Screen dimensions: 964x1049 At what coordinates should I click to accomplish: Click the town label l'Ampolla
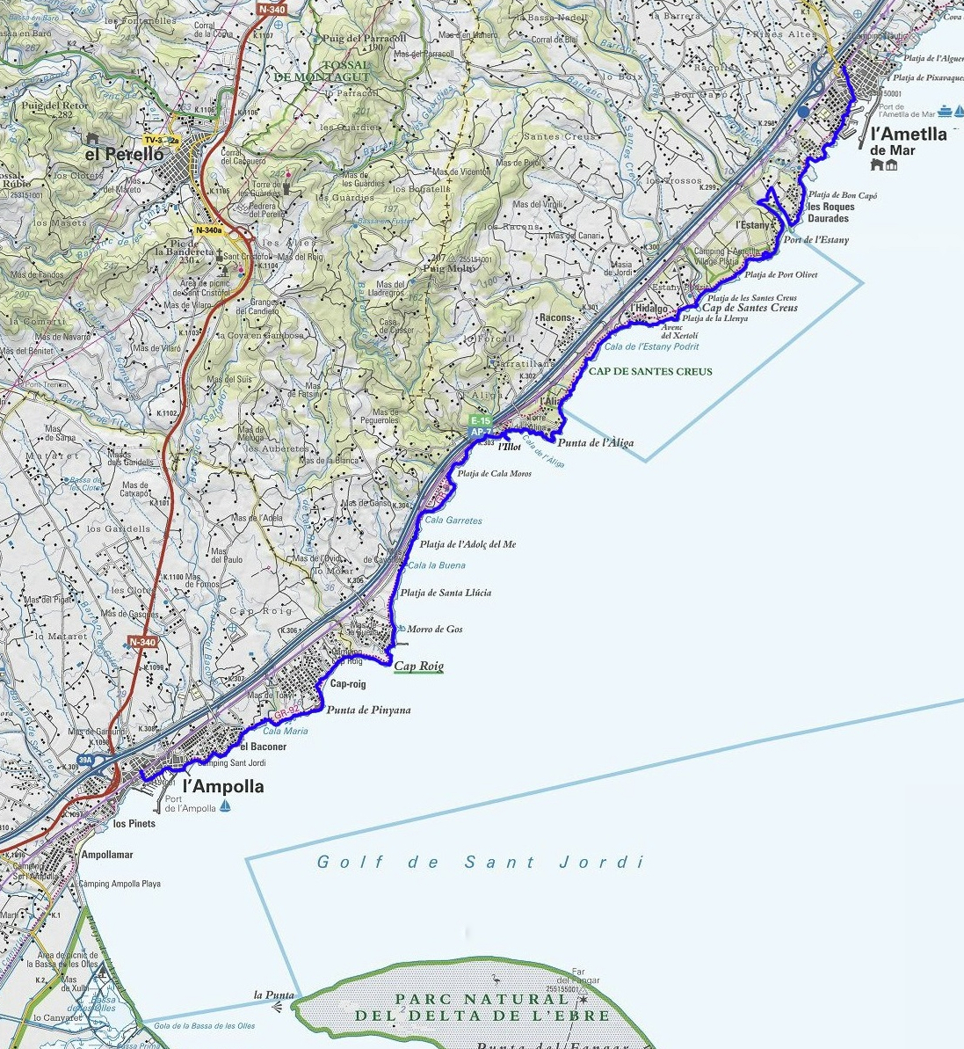point(223,787)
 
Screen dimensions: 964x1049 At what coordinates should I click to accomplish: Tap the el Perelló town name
point(124,154)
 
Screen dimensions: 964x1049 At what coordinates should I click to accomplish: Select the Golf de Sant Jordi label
point(481,862)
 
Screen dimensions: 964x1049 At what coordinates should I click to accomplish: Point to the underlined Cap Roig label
point(418,667)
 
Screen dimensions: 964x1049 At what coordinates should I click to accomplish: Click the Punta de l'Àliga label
point(595,443)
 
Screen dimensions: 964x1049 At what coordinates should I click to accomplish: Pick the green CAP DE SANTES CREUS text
point(650,372)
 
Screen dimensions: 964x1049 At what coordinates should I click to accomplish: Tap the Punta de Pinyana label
point(368,710)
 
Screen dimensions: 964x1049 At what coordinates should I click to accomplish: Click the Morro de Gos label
point(434,630)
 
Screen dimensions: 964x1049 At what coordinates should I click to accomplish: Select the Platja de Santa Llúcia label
point(446,594)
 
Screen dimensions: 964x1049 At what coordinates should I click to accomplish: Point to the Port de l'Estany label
point(815,240)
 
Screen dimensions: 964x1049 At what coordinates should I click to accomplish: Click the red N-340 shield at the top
point(271,9)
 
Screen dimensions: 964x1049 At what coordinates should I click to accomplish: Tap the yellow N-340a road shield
point(208,230)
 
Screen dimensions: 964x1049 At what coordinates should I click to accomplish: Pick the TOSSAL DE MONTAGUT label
point(323,70)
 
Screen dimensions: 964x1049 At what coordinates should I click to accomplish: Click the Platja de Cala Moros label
point(494,475)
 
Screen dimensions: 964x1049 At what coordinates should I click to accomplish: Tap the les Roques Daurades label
point(829,213)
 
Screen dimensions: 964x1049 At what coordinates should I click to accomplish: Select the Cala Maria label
point(286,732)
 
